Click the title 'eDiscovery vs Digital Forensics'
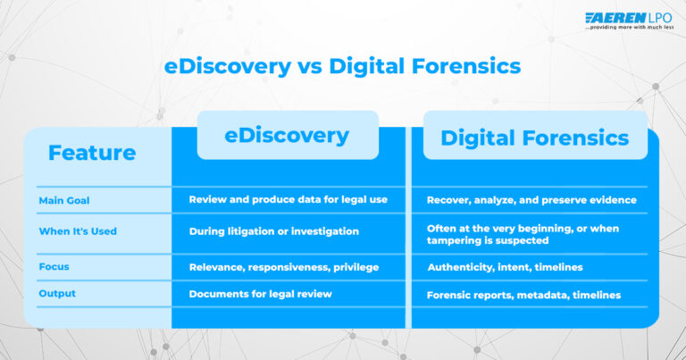(x=343, y=66)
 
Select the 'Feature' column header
(x=92, y=153)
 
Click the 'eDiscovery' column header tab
(x=287, y=135)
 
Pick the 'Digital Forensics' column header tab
(x=535, y=138)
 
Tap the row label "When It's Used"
(x=78, y=231)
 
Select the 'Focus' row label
(x=54, y=266)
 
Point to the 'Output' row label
(x=57, y=293)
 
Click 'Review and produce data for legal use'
(x=288, y=199)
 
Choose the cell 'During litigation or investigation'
(x=273, y=231)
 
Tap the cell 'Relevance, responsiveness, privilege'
(x=283, y=266)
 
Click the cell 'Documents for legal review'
(x=260, y=293)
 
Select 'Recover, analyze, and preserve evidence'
(x=531, y=200)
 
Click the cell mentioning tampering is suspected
(x=523, y=234)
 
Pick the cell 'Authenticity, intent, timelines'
(x=505, y=267)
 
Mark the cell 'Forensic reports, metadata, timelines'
(x=523, y=295)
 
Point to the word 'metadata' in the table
(x=544, y=295)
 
